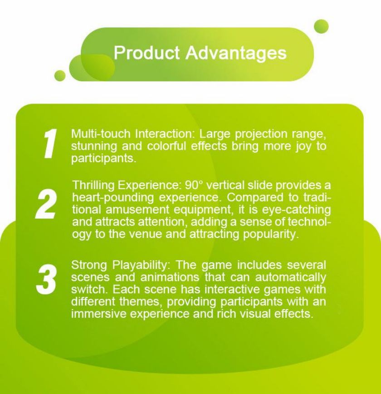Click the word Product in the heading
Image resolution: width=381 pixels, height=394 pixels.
click(x=147, y=53)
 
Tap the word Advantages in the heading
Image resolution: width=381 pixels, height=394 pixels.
click(x=236, y=54)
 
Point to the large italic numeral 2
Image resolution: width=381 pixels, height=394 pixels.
click(x=45, y=204)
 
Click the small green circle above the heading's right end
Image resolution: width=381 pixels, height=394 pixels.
click(x=321, y=26)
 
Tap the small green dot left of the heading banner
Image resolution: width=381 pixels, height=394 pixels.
click(x=60, y=75)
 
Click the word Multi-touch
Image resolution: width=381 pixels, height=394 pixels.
click(x=101, y=133)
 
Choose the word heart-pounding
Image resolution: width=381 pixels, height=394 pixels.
click(x=113, y=198)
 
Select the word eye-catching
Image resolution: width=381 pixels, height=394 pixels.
click(x=296, y=210)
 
